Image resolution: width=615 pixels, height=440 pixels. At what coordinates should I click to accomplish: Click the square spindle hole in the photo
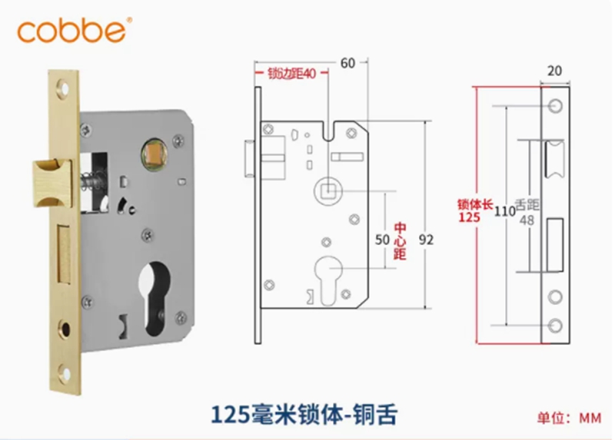pos(155,154)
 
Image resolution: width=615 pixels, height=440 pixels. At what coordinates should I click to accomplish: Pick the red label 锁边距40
pos(291,74)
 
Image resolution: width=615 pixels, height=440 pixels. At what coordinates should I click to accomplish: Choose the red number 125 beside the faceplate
pos(469,217)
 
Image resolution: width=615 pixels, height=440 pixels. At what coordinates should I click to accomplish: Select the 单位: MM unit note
pos(569,418)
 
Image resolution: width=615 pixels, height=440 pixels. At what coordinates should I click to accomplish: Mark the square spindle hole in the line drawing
pos(328,187)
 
